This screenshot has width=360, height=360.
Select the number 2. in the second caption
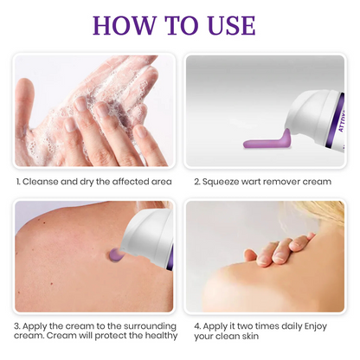click(197, 182)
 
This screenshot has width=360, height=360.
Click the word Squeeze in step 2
click(225, 182)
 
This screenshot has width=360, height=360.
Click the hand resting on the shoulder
click(277, 250)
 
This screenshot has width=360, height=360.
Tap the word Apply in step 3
click(39, 325)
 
